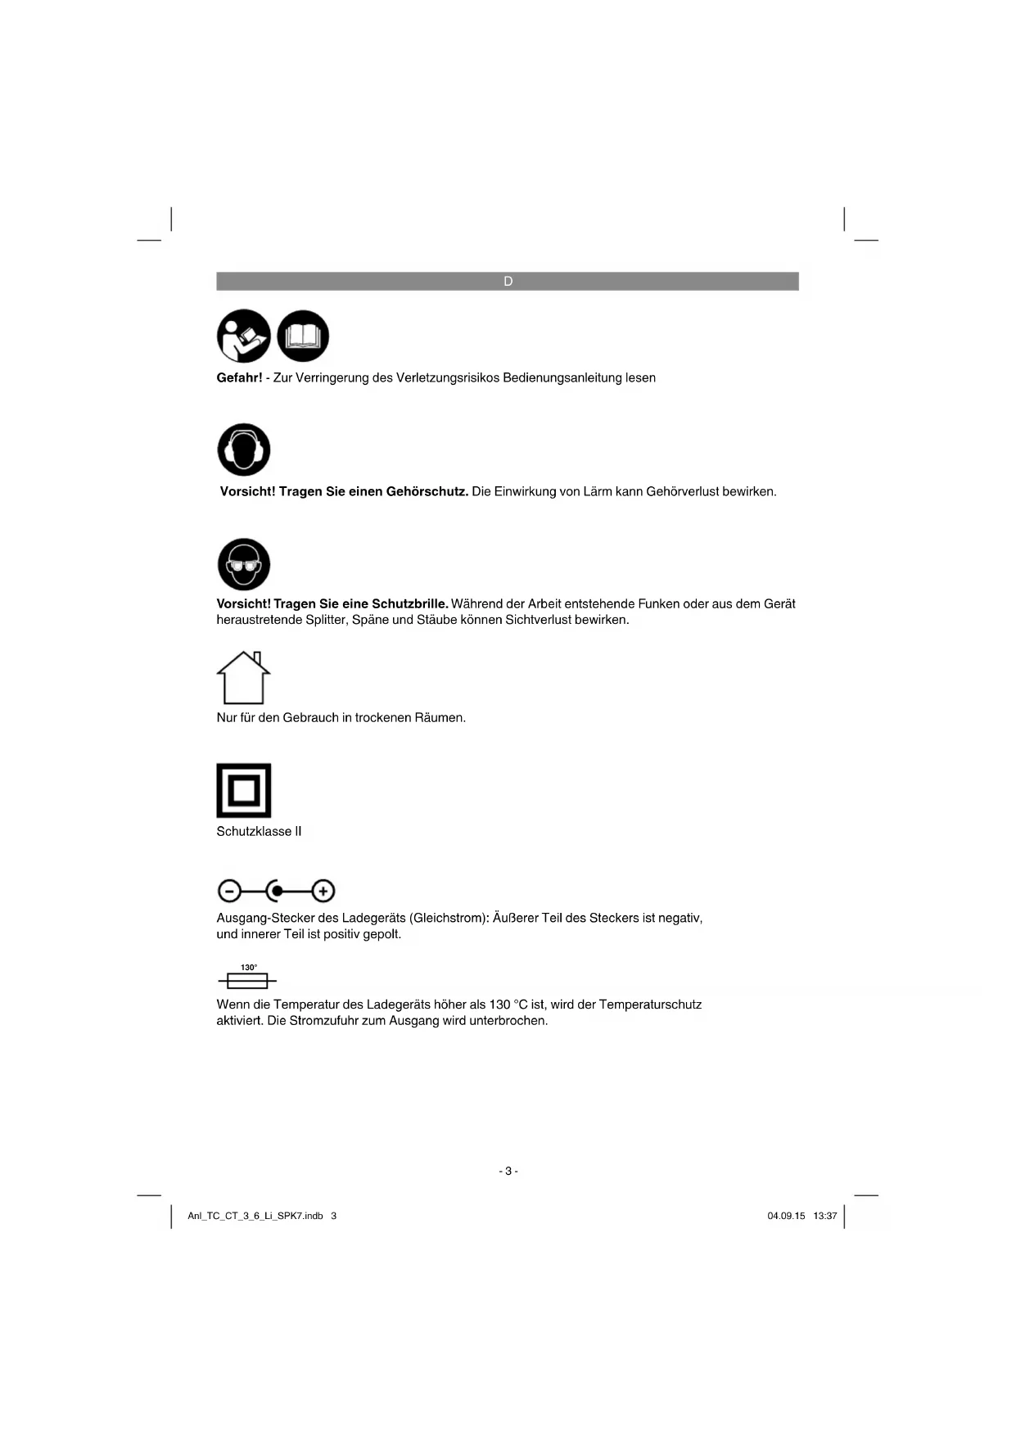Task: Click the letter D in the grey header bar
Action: [508, 282]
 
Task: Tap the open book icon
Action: [303, 336]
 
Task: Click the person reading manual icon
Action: [243, 336]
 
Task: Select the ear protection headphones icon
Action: [243, 449]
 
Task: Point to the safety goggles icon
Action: [243, 564]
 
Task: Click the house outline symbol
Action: [243, 678]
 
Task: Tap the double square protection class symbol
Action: [243, 791]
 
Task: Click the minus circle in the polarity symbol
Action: [229, 891]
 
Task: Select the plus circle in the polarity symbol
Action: [323, 891]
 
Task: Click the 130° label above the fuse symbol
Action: [249, 968]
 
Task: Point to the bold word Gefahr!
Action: [239, 378]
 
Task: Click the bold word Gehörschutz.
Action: [427, 492]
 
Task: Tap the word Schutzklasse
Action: [253, 832]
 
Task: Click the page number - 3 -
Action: [508, 1172]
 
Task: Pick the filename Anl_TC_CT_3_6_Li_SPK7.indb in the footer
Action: [255, 1217]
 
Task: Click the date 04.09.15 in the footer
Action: [786, 1217]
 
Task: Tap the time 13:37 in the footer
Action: [825, 1217]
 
